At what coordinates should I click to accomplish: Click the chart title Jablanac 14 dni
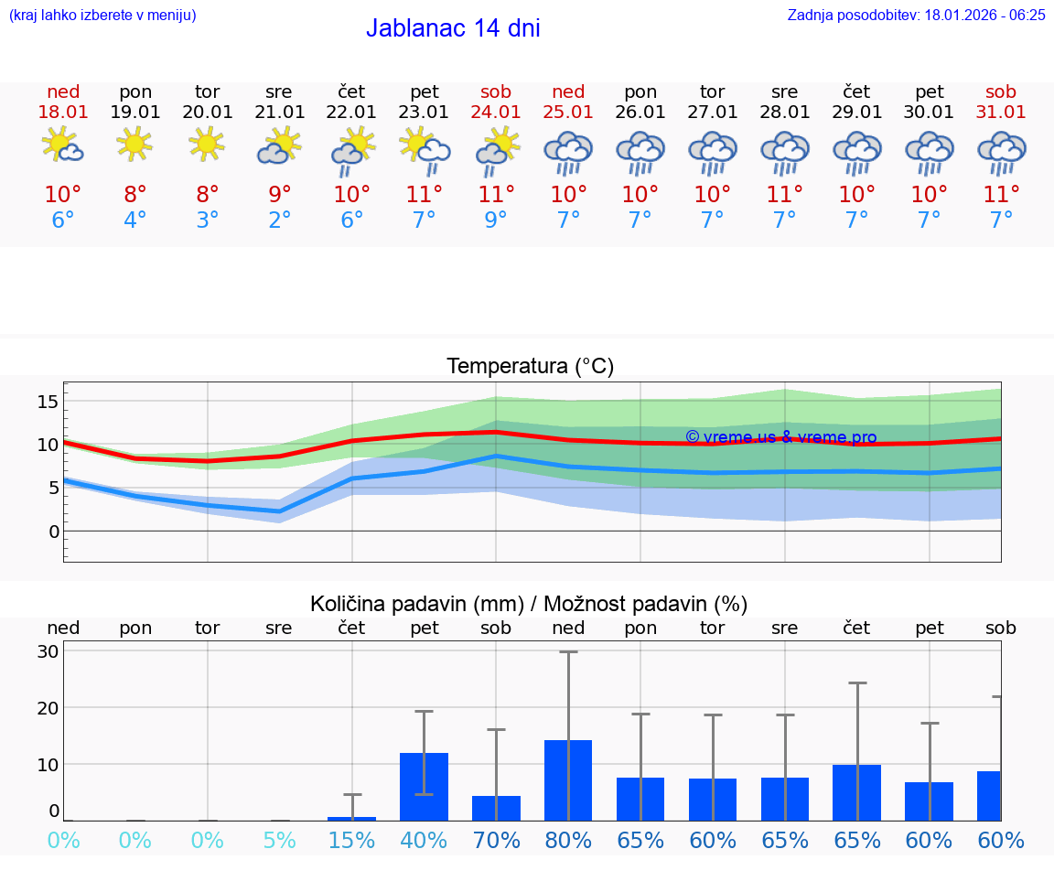pyautogui.click(x=453, y=28)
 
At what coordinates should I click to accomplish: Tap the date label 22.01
pyautogui.click(x=351, y=112)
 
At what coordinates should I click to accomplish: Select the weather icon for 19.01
pyautogui.click(x=134, y=144)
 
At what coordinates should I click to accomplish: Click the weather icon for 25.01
pyautogui.click(x=568, y=153)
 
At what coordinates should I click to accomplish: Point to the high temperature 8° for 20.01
pyautogui.click(x=208, y=195)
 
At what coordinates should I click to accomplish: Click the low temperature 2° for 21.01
pyautogui.click(x=279, y=220)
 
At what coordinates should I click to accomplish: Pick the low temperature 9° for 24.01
pyautogui.click(x=496, y=220)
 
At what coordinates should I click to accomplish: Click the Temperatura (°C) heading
pyautogui.click(x=530, y=367)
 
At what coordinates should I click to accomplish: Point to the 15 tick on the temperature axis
pyautogui.click(x=48, y=402)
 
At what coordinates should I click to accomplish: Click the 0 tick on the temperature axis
pyautogui.click(x=54, y=532)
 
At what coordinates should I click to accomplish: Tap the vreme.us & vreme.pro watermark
pyautogui.click(x=780, y=437)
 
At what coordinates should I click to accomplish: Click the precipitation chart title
pyautogui.click(x=529, y=604)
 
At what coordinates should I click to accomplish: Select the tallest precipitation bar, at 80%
pyautogui.click(x=568, y=780)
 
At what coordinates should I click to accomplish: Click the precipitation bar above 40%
pyautogui.click(x=424, y=787)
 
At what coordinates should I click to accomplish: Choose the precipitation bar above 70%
pyautogui.click(x=496, y=808)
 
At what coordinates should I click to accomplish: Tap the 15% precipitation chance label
pyautogui.click(x=351, y=841)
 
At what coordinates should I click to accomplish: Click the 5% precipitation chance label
pyautogui.click(x=279, y=841)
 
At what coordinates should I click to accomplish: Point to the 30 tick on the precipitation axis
pyautogui.click(x=48, y=651)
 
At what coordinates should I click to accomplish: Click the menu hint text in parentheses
pyautogui.click(x=102, y=16)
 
